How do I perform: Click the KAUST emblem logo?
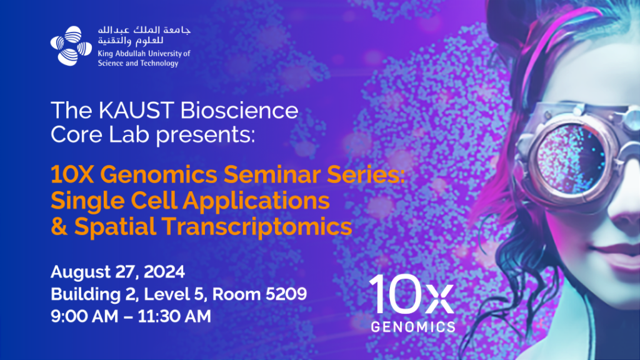[71, 46]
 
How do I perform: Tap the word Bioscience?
[239, 111]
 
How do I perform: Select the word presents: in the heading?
[205, 135]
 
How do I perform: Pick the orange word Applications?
[256, 201]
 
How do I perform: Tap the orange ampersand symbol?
[59, 226]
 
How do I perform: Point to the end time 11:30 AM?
[174, 316]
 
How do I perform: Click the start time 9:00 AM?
[84, 316]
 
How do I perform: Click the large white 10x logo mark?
[411, 294]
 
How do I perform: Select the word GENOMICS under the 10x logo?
[413, 327]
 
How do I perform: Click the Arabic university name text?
[144, 36]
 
